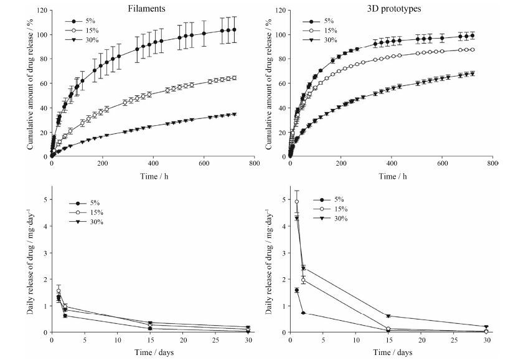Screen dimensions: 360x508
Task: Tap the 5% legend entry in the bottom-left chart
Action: pos(93,203)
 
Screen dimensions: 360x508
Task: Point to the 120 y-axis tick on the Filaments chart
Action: pos(42,11)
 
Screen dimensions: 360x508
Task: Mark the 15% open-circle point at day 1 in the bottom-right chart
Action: pos(297,202)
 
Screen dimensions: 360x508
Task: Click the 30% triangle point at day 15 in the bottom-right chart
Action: pos(388,316)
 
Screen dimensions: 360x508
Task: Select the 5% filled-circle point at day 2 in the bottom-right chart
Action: pos(303,313)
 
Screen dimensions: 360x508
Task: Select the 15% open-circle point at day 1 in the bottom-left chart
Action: pos(59,291)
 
